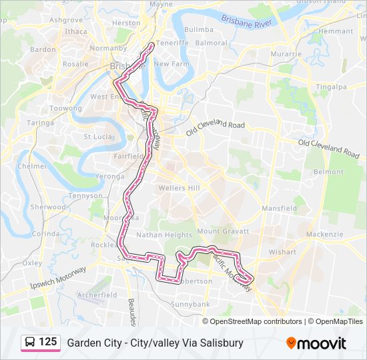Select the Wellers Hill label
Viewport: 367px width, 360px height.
click(x=179, y=188)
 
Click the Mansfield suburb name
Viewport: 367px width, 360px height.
click(x=280, y=209)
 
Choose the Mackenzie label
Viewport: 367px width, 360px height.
click(x=324, y=235)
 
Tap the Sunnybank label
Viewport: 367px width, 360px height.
click(x=190, y=304)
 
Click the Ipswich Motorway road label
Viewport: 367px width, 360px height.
click(x=59, y=277)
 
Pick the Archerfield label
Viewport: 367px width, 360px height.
click(x=97, y=295)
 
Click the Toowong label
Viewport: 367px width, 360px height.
click(x=65, y=108)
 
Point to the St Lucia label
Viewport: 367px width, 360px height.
click(x=97, y=137)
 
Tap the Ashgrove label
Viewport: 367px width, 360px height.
click(x=65, y=20)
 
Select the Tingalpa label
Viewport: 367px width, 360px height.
click(x=331, y=87)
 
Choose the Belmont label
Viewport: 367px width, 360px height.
click(x=328, y=172)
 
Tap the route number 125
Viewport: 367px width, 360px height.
click(x=48, y=342)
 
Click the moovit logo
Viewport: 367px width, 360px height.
click(x=316, y=343)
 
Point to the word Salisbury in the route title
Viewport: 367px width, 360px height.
click(x=221, y=343)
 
